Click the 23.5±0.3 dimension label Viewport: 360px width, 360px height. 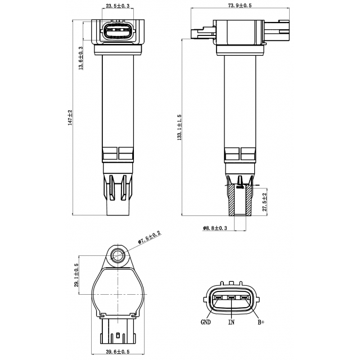pyautogui.click(x=118, y=6)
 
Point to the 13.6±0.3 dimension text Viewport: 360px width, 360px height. pyautogui.click(x=82, y=58)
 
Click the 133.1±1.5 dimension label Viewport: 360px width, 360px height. pyautogui.click(x=179, y=135)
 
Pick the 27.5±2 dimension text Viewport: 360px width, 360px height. pyautogui.click(x=264, y=201)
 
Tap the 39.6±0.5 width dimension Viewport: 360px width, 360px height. pyautogui.click(x=118, y=352)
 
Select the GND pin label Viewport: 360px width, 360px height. pyautogui.click(x=206, y=323)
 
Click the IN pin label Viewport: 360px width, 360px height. pyautogui.click(x=231, y=323)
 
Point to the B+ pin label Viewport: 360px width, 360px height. pyautogui.click(x=261, y=323)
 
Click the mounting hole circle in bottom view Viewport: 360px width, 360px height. pyautogui.click(x=118, y=256)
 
